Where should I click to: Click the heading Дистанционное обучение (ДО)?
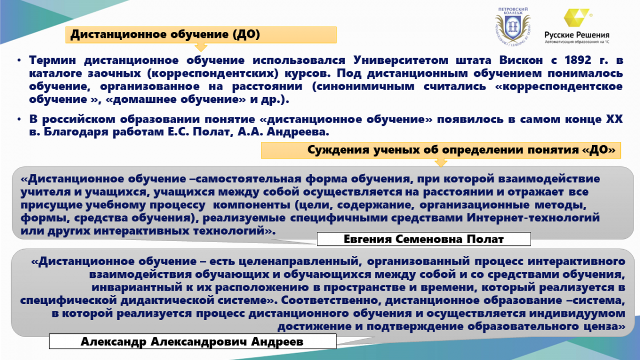point(165,35)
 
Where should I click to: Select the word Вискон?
point(521,60)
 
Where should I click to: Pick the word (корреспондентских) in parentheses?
point(213,74)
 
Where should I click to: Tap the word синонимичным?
point(363,86)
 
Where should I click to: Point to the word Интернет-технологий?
point(533,218)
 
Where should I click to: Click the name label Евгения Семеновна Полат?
point(423,239)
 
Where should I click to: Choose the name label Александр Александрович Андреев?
point(192,342)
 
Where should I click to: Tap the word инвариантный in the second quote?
point(137,287)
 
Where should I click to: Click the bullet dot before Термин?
point(19,61)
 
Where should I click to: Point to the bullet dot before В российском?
point(19,119)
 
